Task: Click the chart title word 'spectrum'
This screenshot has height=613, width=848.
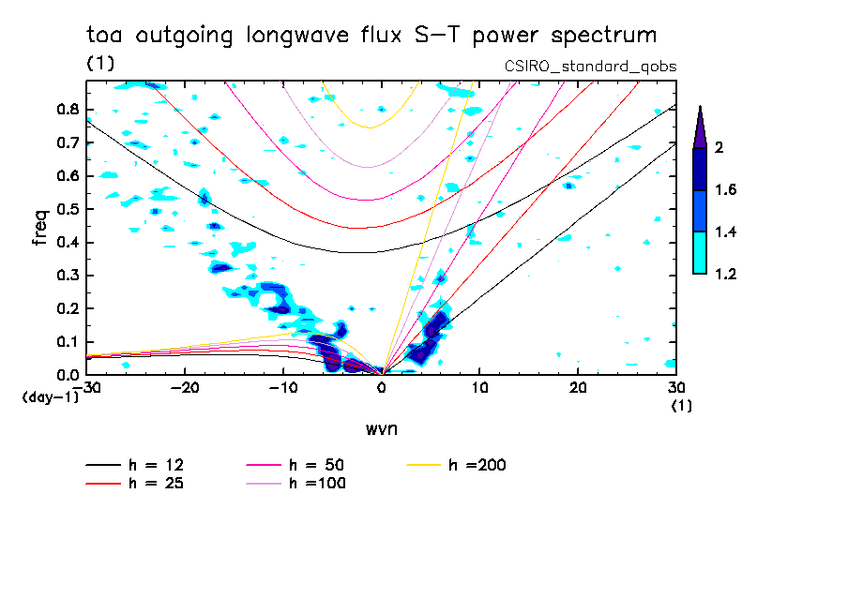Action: pos(606,36)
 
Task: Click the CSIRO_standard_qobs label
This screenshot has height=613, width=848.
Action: pos(591,67)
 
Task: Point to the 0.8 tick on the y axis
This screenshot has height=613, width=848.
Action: pos(67,109)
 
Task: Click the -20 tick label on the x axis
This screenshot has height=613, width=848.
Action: pos(184,388)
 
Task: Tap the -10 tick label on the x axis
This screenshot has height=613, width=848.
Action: pos(281,388)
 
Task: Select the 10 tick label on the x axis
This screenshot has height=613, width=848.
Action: pos(479,388)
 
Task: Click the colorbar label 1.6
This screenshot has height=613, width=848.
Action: pos(725,190)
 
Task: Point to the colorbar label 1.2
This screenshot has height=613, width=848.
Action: pos(725,274)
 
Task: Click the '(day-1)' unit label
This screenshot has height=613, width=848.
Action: pos(50,396)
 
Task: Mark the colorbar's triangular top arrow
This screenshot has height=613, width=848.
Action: pos(700,127)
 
